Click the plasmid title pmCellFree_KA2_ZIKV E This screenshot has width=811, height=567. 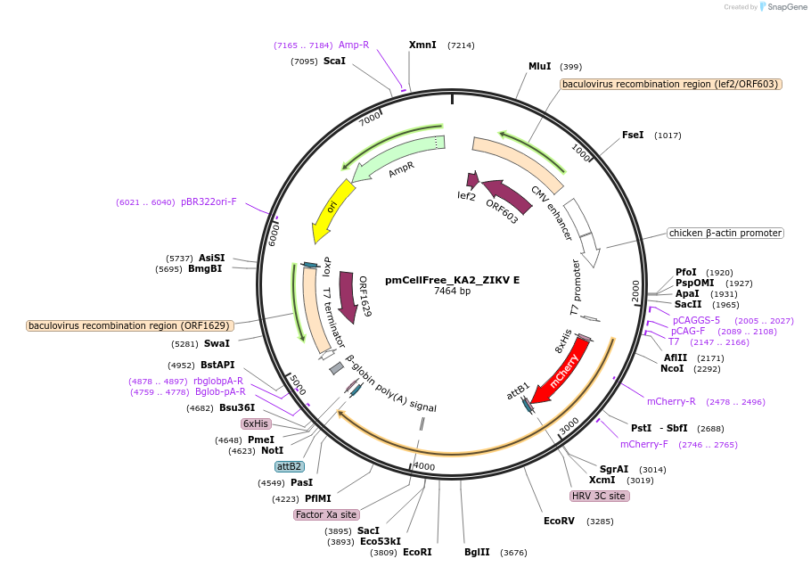(x=452, y=280)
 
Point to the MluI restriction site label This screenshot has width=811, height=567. (x=540, y=66)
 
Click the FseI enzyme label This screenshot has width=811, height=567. (x=633, y=136)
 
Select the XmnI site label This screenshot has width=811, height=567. (x=422, y=45)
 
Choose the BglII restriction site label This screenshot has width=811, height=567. (x=477, y=553)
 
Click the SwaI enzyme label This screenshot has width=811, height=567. (x=217, y=343)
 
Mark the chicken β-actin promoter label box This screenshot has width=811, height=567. (x=725, y=234)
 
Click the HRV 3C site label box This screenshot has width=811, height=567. (x=600, y=496)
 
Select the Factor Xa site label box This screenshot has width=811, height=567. (x=326, y=514)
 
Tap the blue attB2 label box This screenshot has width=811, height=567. (x=290, y=466)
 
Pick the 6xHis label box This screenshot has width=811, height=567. (x=256, y=423)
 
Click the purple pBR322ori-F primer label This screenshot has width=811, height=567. (x=209, y=201)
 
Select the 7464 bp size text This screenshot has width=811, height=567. (x=452, y=292)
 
